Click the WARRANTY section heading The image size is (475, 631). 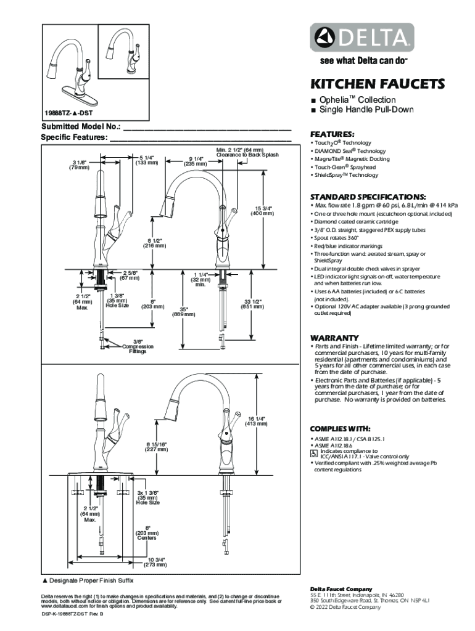(334, 338)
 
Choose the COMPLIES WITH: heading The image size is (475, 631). (340, 428)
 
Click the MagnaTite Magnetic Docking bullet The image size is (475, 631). (352, 159)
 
